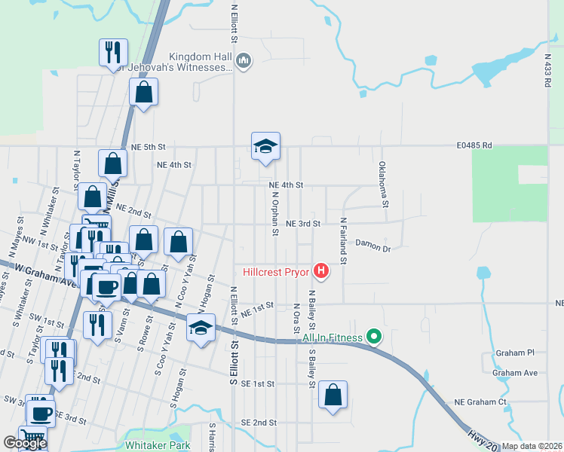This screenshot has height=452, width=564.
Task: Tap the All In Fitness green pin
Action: click(372, 337)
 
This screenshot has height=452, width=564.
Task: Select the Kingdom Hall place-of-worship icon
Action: click(244, 61)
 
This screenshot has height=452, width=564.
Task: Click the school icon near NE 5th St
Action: click(265, 146)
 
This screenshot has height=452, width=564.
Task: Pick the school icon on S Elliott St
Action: click(201, 329)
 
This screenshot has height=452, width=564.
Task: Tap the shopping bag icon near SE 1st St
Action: click(333, 395)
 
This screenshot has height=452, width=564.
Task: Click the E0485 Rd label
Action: click(474, 145)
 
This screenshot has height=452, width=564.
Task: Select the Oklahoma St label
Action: click(382, 185)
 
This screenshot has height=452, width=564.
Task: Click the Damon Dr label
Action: click(373, 245)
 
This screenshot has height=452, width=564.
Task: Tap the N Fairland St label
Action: click(343, 241)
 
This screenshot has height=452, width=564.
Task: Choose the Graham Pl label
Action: click(515, 353)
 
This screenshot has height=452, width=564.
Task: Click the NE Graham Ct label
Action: click(481, 402)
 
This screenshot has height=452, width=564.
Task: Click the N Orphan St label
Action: click(275, 212)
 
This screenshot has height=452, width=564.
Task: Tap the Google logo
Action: click(25, 443)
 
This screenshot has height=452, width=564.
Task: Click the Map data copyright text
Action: click(532, 447)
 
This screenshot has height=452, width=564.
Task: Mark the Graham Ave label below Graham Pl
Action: click(515, 372)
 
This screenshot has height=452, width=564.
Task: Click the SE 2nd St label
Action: click(259, 423)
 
